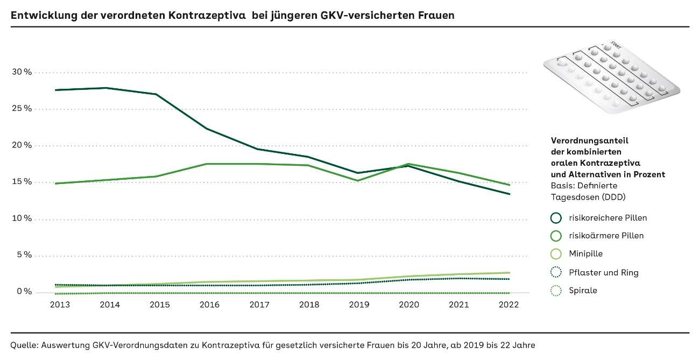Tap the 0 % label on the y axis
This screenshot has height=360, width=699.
point(24,292)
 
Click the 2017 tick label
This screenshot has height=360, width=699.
point(259,305)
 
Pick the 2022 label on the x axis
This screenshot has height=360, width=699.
point(509,305)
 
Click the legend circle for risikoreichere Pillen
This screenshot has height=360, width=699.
point(556,218)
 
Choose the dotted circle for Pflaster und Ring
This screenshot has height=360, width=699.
point(556,272)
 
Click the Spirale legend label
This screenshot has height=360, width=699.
point(583,291)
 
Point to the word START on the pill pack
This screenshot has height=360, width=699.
point(616,46)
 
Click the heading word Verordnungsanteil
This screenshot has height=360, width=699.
point(589,140)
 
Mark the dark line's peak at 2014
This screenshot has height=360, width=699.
point(106,88)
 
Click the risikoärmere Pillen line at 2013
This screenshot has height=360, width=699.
point(56,183)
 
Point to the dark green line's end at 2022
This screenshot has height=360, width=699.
point(509,194)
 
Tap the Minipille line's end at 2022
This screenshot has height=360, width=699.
point(509,272)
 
